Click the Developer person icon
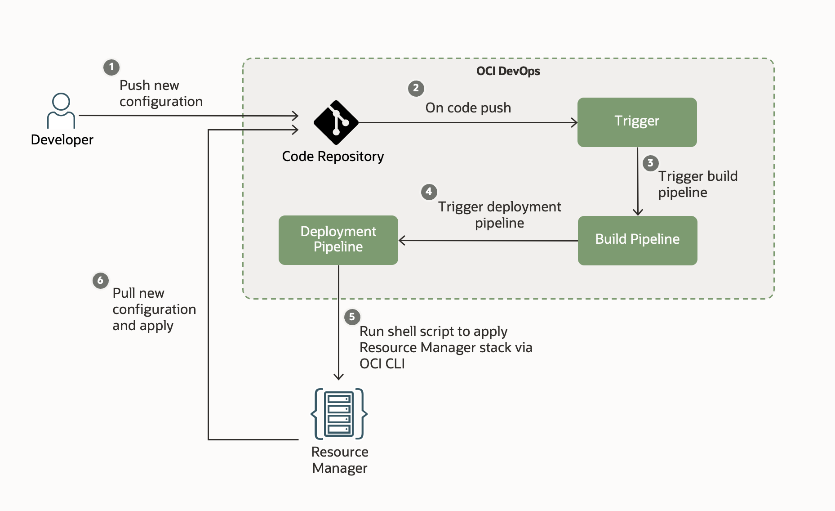click(61, 111)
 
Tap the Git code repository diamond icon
click(336, 122)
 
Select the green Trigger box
click(637, 122)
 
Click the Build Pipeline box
click(637, 240)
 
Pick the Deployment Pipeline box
click(338, 240)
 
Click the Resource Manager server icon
click(339, 413)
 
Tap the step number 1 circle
click(111, 67)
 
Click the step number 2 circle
click(416, 88)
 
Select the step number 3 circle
click(650, 163)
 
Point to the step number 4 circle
click(429, 192)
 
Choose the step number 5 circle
click(352, 317)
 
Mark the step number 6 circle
click(100, 280)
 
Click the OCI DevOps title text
click(508, 71)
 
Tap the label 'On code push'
click(468, 108)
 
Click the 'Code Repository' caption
click(333, 157)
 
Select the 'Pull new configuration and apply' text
click(154, 309)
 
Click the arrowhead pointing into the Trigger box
click(574, 122)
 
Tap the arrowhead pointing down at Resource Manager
click(338, 377)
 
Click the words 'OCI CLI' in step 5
click(382, 363)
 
